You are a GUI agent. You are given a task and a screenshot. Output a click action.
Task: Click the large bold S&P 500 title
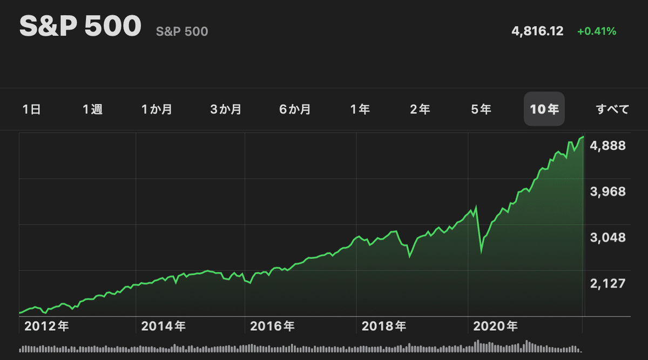pyautogui.click(x=80, y=27)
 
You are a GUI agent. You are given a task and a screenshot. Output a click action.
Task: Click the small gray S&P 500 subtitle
pyautogui.click(x=182, y=32)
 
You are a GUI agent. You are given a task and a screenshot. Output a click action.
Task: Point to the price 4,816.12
pyautogui.click(x=537, y=31)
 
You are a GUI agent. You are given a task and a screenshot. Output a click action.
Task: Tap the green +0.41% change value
pyautogui.click(x=597, y=31)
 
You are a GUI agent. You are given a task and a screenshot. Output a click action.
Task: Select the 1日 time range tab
pyautogui.click(x=32, y=110)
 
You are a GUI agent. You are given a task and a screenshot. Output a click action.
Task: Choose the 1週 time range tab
pyautogui.click(x=92, y=110)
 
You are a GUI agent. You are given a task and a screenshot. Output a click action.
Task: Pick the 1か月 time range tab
pyautogui.click(x=157, y=110)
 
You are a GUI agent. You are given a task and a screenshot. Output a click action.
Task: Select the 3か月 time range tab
pyautogui.click(x=226, y=110)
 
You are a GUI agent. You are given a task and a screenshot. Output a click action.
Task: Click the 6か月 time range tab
pyautogui.click(x=295, y=110)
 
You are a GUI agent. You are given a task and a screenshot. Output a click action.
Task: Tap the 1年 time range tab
pyautogui.click(x=360, y=110)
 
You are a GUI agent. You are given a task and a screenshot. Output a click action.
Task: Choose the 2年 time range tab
pyautogui.click(x=420, y=110)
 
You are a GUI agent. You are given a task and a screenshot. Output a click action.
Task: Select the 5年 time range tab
pyautogui.click(x=481, y=110)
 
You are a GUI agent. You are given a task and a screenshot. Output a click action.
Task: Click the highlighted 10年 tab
pyautogui.click(x=544, y=110)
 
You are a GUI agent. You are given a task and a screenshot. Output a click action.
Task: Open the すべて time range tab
pyautogui.click(x=613, y=110)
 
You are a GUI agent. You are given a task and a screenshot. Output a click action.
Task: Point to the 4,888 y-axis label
pyautogui.click(x=608, y=146)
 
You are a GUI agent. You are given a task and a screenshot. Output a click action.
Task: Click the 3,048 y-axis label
pyautogui.click(x=608, y=237)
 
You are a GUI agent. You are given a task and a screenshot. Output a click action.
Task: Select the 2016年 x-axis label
pyautogui.click(x=273, y=326)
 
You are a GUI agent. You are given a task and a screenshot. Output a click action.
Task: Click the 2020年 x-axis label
pyautogui.click(x=495, y=326)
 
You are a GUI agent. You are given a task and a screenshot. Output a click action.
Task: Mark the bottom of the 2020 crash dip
pyautogui.click(x=481, y=251)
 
